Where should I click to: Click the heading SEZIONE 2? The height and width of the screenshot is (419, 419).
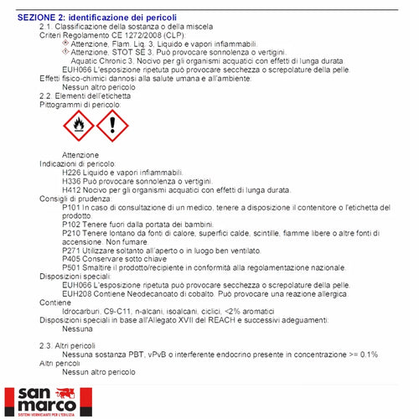click(x=41, y=16)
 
